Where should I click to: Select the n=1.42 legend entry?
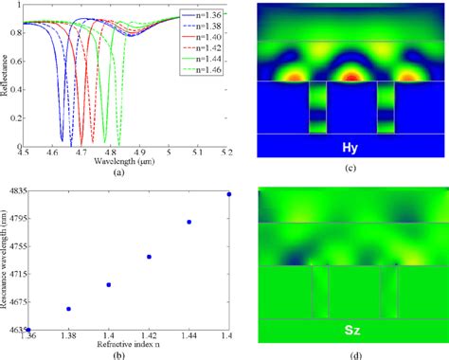coord(206,47)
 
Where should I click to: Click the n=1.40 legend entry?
coord(206,37)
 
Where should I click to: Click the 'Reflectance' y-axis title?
coord(9,74)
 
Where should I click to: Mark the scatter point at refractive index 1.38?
coord(68,309)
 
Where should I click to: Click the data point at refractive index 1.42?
coord(149,257)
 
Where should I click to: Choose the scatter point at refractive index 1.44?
coord(189,222)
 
